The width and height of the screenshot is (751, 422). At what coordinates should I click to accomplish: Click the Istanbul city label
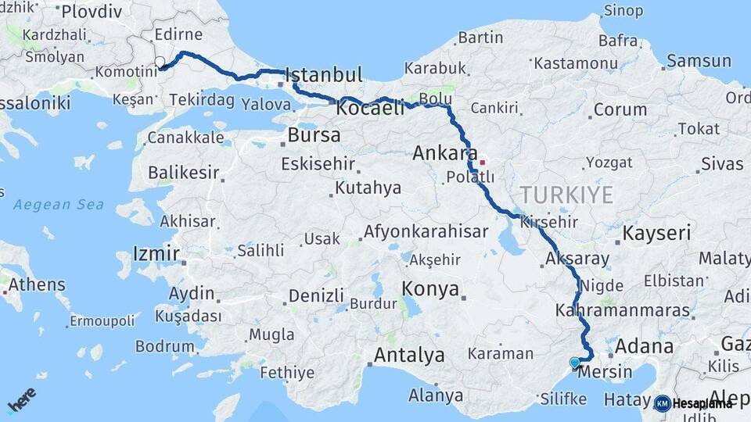pyautogui.click(x=324, y=76)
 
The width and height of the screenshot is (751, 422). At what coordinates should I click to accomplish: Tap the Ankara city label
pyautogui.click(x=445, y=153)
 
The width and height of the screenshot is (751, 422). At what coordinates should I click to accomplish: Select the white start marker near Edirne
pyautogui.click(x=160, y=62)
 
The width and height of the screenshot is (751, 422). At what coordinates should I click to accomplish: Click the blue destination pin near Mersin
pyautogui.click(x=575, y=363)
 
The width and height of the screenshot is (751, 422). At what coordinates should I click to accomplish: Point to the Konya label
pyautogui.click(x=430, y=289)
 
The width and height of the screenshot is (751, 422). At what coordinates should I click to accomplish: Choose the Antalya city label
pyautogui.click(x=409, y=356)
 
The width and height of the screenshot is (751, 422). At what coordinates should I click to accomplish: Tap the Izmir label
pyautogui.click(x=156, y=254)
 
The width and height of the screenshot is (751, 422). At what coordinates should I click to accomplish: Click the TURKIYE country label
pyautogui.click(x=567, y=195)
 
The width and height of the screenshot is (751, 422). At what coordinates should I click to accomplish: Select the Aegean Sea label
pyautogui.click(x=59, y=205)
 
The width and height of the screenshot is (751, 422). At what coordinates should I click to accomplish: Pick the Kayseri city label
pyautogui.click(x=657, y=233)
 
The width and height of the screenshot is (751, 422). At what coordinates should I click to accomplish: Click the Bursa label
pyautogui.click(x=314, y=135)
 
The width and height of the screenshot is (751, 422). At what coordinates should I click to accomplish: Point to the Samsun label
pyautogui.click(x=698, y=60)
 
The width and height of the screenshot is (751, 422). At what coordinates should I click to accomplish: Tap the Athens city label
pyautogui.click(x=32, y=284)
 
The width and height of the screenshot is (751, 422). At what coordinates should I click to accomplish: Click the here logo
pyautogui.click(x=21, y=399)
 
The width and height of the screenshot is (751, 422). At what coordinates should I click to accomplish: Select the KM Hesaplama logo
pyautogui.click(x=693, y=403)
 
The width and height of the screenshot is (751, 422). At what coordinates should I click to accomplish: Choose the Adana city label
pyautogui.click(x=644, y=346)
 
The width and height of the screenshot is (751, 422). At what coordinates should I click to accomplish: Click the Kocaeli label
pyautogui.click(x=370, y=109)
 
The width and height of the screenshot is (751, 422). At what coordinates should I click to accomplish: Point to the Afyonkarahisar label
pyautogui.click(x=426, y=232)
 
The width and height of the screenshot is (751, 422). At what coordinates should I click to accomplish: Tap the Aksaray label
pyautogui.click(x=577, y=259)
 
